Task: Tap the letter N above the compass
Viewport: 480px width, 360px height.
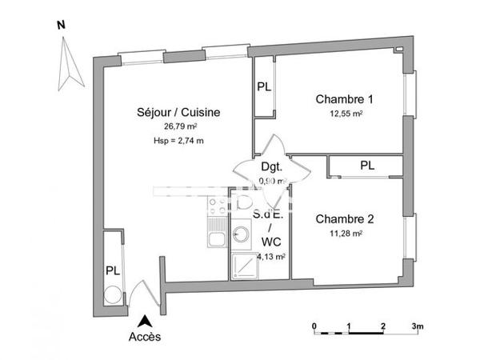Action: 61,24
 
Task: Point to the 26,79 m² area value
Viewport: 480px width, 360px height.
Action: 181,126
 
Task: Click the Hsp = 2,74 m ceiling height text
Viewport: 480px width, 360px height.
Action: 179,141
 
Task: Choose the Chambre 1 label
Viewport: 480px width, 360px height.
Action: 344,99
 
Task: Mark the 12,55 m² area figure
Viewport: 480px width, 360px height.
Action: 344,114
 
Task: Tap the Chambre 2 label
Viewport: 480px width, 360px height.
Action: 344,218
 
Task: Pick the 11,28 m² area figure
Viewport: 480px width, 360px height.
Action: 344,233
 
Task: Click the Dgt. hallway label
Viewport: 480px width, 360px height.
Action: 270,167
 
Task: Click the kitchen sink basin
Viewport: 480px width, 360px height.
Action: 214,238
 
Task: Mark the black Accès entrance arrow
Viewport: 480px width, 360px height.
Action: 145,321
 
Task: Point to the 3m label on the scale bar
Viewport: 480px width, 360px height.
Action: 418,326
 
